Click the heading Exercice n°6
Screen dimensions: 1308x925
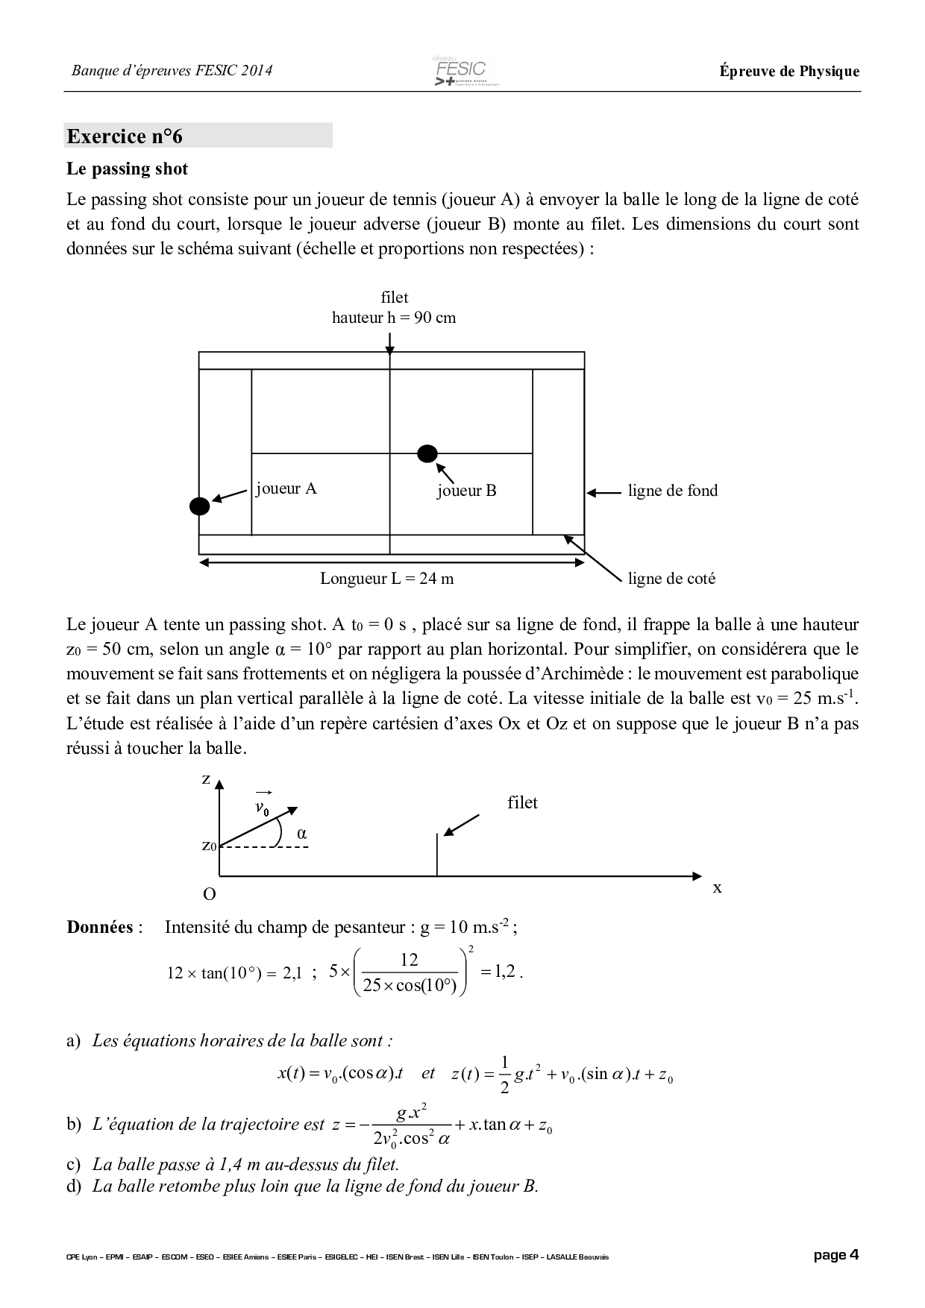tap(125, 136)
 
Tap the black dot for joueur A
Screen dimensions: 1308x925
tap(199, 506)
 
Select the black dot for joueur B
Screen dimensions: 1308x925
tap(427, 453)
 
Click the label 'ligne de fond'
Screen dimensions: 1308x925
tap(672, 491)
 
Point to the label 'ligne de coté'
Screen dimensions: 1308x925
tap(671, 579)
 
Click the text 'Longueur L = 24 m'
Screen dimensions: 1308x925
tap(386, 579)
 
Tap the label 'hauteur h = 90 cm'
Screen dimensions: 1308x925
tap(394, 318)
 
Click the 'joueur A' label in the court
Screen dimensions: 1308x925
tap(286, 488)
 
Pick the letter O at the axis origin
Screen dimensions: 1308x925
tap(210, 894)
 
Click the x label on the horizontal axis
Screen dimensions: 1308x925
tap(717, 888)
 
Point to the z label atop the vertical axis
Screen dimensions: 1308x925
tap(206, 779)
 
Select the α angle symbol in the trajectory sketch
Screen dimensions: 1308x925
tap(302, 834)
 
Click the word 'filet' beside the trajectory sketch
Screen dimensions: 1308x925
tap(522, 803)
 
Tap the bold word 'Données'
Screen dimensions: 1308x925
tap(100, 928)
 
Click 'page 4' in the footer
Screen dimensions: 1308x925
tap(835, 1255)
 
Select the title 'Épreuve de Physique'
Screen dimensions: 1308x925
tap(789, 72)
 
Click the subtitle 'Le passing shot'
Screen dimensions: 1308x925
tap(128, 169)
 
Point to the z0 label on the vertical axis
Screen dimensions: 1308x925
tap(209, 846)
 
